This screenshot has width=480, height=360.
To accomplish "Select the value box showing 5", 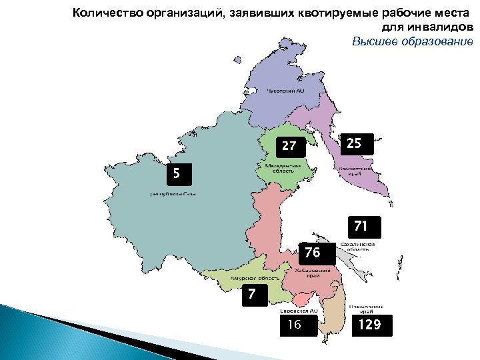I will pos(176,173).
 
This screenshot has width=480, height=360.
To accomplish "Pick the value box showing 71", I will pos(361,227).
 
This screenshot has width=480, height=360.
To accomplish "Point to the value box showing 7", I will pos(253,293).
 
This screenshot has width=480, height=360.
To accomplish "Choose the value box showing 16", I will pos(295,325).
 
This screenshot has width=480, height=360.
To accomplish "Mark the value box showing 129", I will pos(370,325).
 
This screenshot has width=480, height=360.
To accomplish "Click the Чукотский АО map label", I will pos(285,91).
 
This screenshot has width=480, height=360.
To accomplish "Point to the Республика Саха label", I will pos(172,194).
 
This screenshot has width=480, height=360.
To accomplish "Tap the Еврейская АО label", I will pos(301,311).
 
